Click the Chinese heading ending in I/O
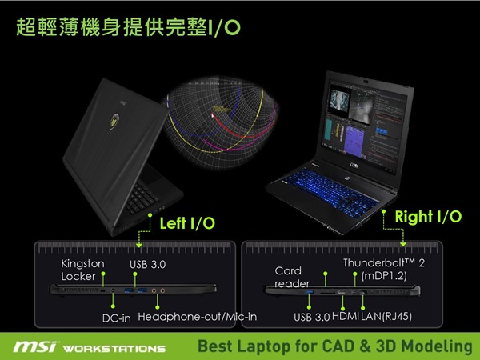128,27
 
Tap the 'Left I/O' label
187,223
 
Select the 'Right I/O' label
428,217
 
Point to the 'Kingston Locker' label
82,270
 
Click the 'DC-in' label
117,318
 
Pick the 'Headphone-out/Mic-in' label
198,317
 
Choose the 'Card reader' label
292,277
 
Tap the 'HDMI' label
346,316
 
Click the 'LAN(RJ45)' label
386,316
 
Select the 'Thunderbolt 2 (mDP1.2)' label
384,270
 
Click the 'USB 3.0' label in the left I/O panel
147,265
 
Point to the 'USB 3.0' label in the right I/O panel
312,317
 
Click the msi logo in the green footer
35,346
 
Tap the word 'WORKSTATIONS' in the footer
114,349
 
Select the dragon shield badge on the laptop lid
114,121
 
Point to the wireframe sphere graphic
221,122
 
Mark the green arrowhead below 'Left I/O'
139,246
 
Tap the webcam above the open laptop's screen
366,82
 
